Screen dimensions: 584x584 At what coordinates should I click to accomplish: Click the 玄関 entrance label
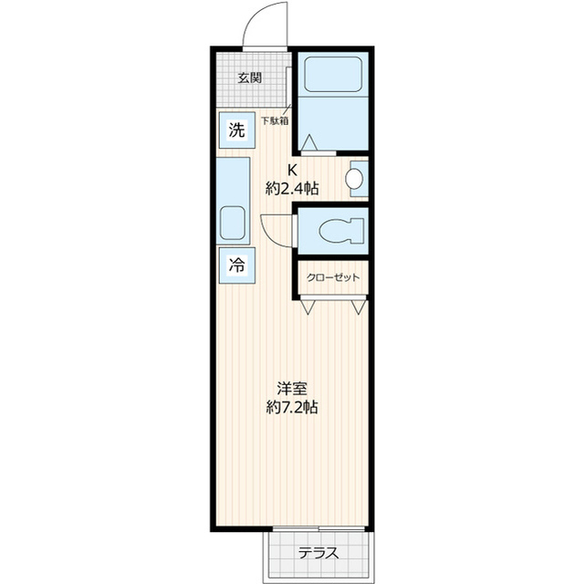249,78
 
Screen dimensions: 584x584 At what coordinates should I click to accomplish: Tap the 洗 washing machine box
236,130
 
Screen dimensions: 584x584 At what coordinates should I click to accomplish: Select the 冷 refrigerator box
236,266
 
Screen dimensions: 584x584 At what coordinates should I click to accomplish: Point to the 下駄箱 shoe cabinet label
275,120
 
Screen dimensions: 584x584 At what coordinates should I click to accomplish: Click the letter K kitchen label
293,169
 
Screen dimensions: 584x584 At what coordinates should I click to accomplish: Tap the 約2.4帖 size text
292,189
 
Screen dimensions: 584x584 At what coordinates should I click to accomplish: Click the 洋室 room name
292,386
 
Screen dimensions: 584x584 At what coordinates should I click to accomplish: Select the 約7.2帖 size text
292,407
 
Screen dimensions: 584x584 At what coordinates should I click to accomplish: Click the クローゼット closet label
332,278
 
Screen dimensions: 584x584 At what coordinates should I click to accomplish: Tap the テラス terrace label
318,553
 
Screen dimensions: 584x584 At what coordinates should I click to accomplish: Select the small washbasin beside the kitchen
357,179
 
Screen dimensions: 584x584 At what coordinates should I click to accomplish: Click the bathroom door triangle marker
308,143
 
